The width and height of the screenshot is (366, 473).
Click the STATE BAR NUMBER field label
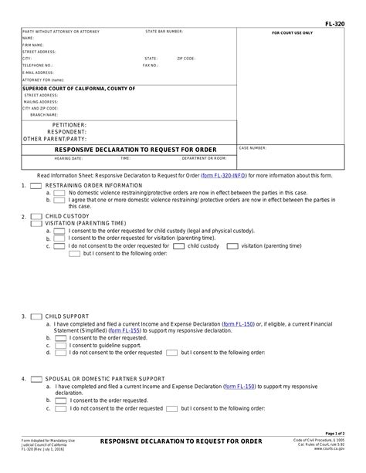click(164, 32)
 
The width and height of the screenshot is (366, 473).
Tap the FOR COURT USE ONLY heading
click(292, 34)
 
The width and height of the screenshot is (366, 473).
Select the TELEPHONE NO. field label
click(37, 66)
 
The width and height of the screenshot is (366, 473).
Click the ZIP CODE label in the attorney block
click(186, 59)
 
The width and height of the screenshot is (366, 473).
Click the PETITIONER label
click(69, 124)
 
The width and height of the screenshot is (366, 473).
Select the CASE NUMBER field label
click(253, 147)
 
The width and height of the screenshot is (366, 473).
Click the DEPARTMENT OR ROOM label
click(204, 158)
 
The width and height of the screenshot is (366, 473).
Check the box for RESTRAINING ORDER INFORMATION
click(36, 186)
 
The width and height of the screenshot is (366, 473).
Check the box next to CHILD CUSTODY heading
click(36, 217)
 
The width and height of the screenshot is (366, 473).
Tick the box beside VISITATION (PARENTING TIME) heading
click(36, 224)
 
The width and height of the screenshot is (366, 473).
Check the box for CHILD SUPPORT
click(36, 316)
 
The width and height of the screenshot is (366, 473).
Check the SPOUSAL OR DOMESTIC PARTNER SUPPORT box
click(36, 379)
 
